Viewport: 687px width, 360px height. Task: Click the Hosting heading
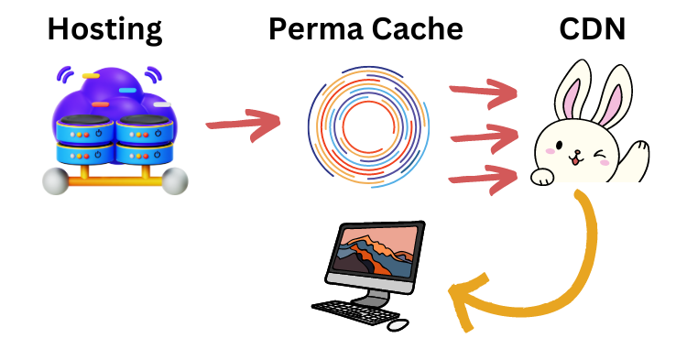(104, 29)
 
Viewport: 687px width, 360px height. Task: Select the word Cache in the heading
(415, 29)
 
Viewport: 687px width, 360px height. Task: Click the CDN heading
(593, 29)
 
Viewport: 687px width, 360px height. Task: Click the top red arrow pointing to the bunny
(482, 92)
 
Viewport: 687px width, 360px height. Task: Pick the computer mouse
(398, 324)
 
